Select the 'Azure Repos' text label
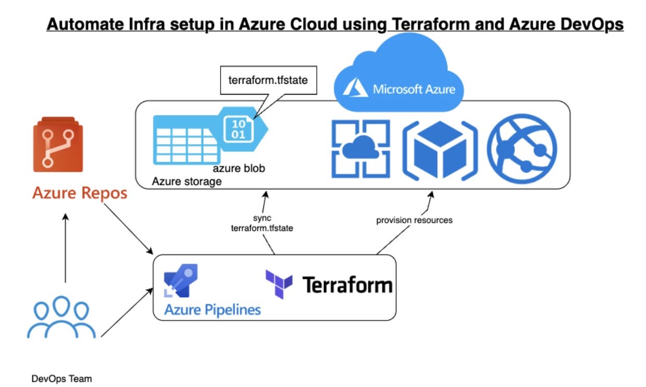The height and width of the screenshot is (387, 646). coord(80,193)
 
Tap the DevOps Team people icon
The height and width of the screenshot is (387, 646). coord(61,317)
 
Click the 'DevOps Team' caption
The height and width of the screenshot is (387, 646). coord(61,379)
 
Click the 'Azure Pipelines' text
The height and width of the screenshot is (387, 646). coord(212,310)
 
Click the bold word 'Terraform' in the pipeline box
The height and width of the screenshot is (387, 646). coord(347,285)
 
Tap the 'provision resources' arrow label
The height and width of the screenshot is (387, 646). coord(414,220)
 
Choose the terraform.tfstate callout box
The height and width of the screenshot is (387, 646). coord(268,81)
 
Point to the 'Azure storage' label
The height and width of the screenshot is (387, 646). coord(186,182)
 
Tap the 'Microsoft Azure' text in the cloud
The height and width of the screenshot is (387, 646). coord(414,89)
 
